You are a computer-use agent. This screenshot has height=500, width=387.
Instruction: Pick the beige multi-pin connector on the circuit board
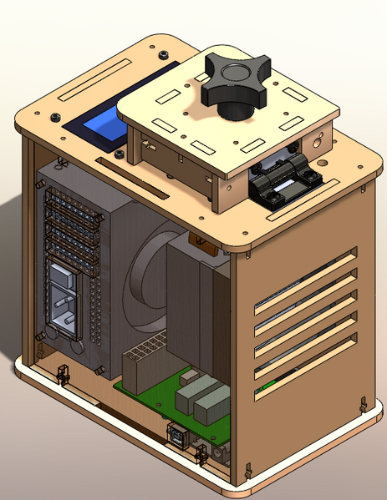pos(142,360)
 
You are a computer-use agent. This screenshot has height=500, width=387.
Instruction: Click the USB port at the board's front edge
pos(176,437)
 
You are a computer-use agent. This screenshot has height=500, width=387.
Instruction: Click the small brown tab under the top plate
pos(203,242)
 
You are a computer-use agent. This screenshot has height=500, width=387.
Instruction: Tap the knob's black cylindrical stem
pos(236,107)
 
